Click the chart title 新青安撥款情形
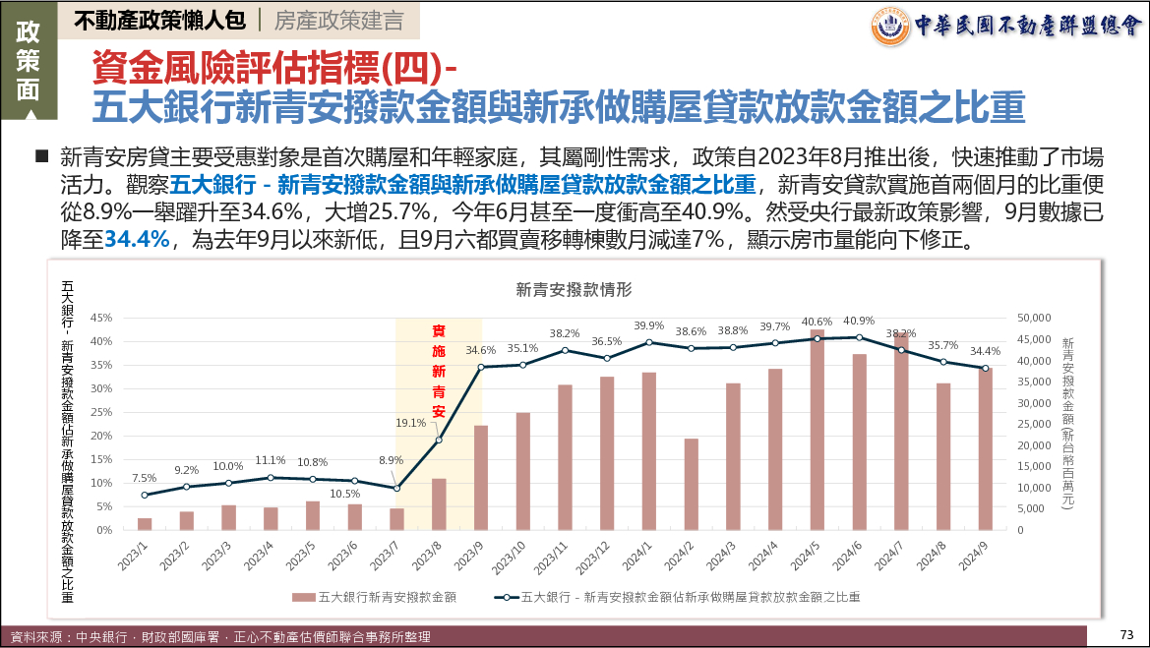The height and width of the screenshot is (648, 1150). [x=574, y=290]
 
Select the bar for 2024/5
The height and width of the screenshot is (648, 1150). [x=817, y=431]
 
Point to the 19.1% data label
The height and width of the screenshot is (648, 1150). [x=410, y=424]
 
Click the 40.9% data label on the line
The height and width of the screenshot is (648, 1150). [x=859, y=321]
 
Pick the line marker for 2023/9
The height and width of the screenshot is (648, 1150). [x=481, y=367]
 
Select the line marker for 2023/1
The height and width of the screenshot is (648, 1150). [x=145, y=495]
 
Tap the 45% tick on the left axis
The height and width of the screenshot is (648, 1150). [x=101, y=318]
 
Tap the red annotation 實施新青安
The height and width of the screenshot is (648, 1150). [x=439, y=371]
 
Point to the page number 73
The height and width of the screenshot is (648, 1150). [x=1127, y=633]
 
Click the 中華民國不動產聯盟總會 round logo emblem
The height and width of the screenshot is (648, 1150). [x=890, y=27]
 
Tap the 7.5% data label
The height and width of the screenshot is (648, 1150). [x=145, y=478]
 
